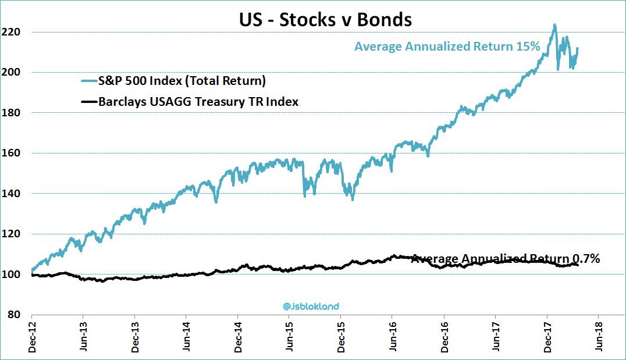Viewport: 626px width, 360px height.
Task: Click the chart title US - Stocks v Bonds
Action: point(325,19)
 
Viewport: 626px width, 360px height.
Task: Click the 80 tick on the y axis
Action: point(18,315)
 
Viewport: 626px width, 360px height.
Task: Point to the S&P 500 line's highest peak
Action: point(554,24)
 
